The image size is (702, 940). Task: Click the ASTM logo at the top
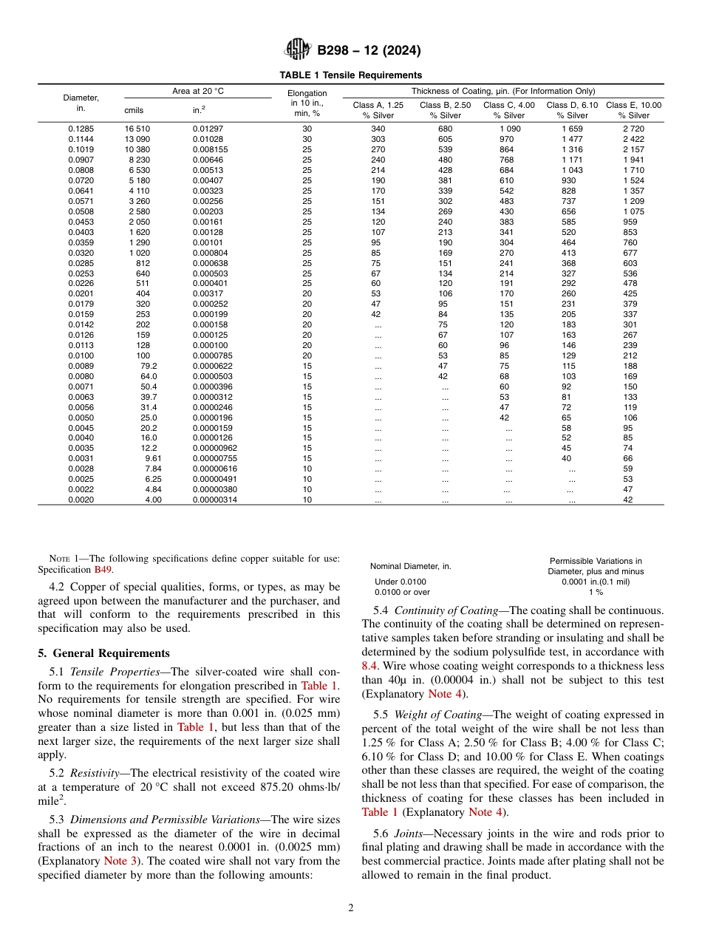[x=299, y=50]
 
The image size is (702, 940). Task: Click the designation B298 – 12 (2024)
[x=369, y=51]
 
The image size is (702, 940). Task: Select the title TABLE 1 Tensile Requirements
[x=350, y=75]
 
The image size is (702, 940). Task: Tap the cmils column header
[x=134, y=111]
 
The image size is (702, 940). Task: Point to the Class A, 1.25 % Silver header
[x=378, y=110]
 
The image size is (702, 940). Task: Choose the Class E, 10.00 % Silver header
[x=633, y=110]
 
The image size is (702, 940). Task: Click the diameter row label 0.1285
[x=81, y=129]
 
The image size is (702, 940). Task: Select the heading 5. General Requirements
[x=103, y=653]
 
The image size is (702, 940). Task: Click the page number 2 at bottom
[x=350, y=908]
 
